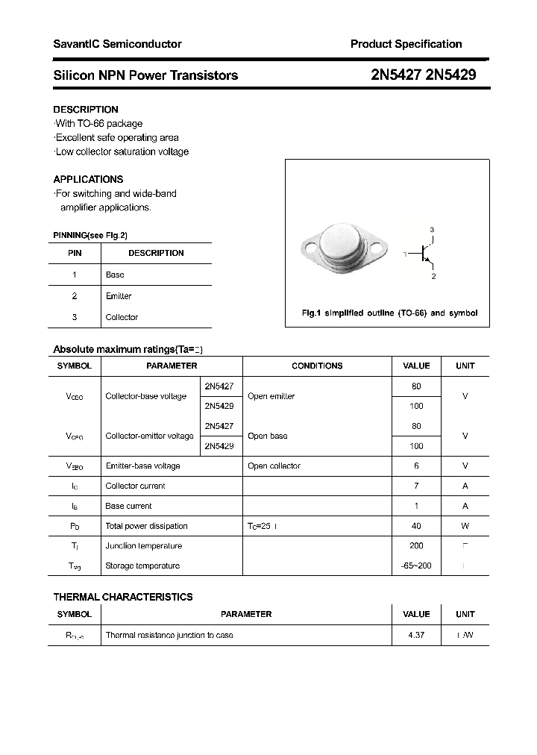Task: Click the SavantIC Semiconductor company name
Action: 117,44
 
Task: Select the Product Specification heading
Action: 406,44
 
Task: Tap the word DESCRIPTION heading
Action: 86,110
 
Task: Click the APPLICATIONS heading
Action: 88,179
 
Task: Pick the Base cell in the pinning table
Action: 115,275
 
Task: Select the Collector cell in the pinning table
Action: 122,317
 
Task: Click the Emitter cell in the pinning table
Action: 119,296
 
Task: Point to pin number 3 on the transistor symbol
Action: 432,229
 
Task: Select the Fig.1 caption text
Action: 389,313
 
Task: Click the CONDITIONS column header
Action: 317,366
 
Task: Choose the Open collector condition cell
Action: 274,466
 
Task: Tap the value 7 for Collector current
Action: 416,486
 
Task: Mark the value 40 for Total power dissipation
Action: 416,526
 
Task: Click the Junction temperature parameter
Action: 144,546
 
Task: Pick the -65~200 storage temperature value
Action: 416,566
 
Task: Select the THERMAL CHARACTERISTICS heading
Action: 123,597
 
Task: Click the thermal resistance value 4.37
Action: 416,635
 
